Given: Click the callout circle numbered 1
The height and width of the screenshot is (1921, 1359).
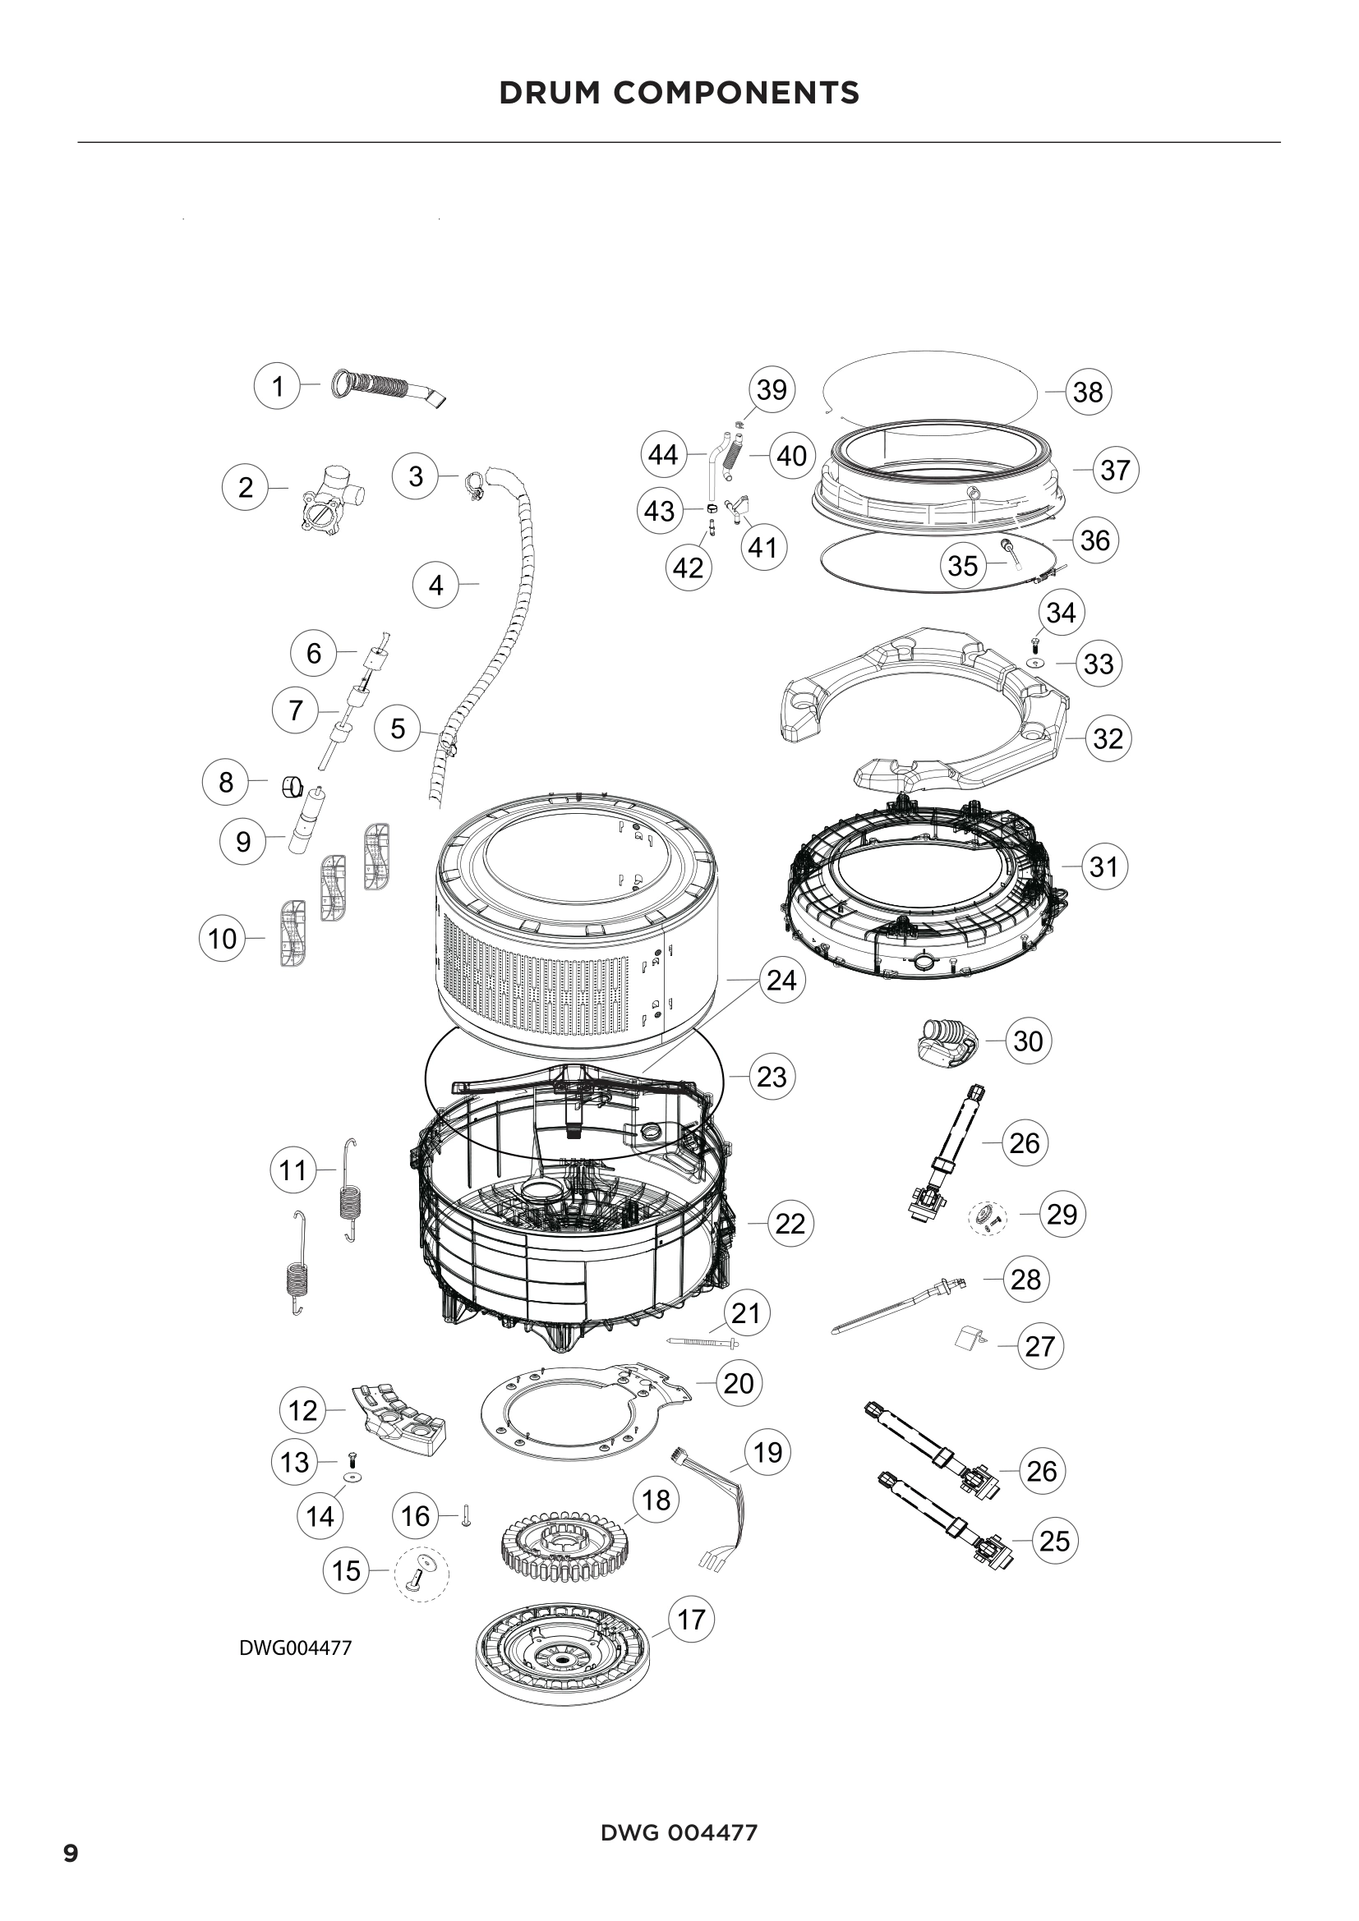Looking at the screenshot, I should [277, 386].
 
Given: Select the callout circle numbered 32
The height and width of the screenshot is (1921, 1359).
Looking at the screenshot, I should [1108, 738].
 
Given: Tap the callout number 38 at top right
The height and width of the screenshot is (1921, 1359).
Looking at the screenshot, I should [1088, 392].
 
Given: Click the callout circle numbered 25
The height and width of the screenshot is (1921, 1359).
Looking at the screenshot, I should [1054, 1540].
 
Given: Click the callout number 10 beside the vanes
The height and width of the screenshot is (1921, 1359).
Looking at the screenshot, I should [222, 938].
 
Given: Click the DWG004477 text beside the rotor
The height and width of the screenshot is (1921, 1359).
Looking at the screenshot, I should [296, 1648].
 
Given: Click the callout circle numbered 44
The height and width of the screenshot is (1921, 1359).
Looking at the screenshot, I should [664, 454].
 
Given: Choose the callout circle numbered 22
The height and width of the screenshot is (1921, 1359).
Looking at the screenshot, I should [790, 1223].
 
